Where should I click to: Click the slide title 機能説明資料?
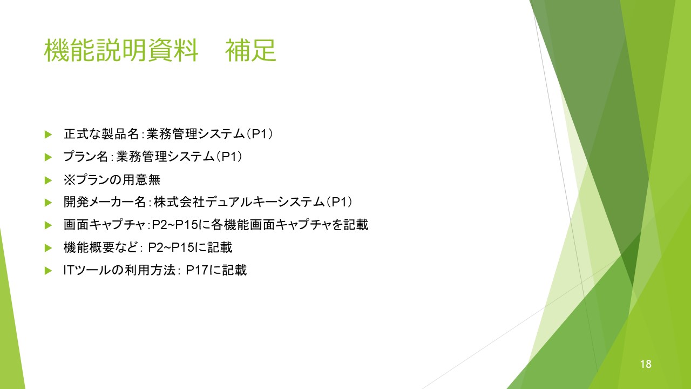tap(121, 50)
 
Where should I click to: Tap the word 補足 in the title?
tap(250, 50)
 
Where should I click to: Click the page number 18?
tap(646, 364)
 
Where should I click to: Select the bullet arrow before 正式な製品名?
tap(48, 135)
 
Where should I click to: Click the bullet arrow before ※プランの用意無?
tap(48, 180)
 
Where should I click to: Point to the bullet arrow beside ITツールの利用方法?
tap(48, 271)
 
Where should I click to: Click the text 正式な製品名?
tap(101, 134)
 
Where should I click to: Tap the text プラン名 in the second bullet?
tap(85, 157)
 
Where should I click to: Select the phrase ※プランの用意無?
tap(112, 179)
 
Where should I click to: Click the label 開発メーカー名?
tap(105, 202)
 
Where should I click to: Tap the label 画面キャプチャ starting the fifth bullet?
tap(104, 224)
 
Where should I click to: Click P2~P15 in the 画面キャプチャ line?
tap(175, 224)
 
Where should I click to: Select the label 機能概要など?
tap(100, 247)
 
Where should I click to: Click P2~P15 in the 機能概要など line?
tap(171, 247)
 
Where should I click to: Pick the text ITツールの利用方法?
tap(119, 270)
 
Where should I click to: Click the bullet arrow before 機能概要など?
tap(48, 248)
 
